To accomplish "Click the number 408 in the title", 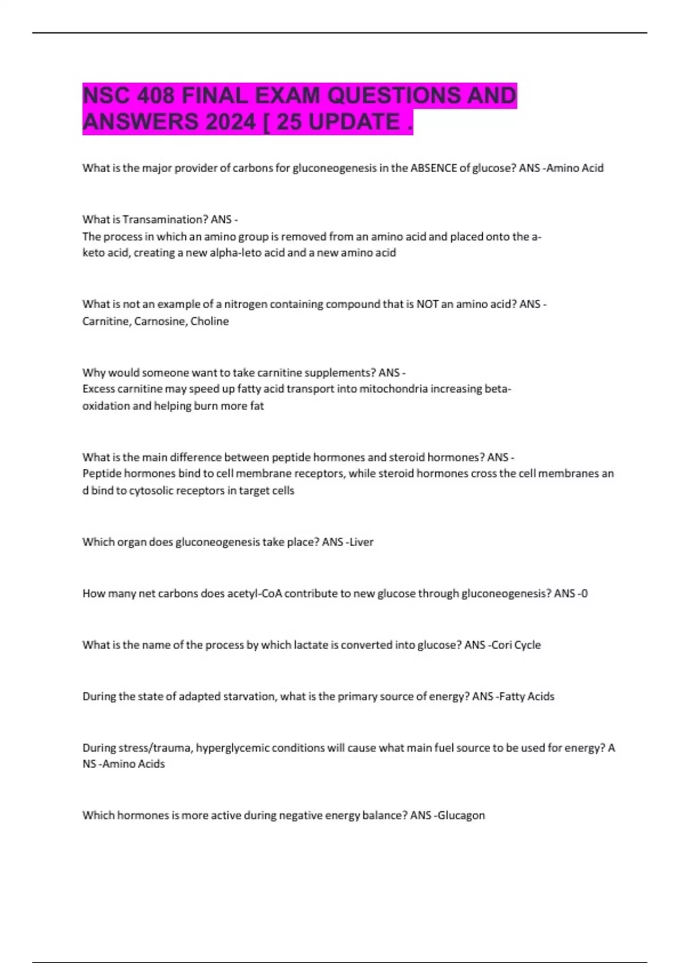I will point(155,95).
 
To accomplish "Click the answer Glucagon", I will point(461,815).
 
